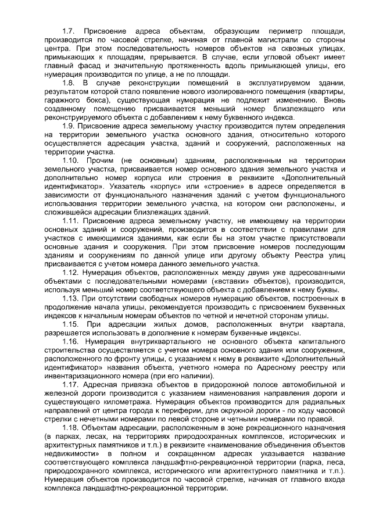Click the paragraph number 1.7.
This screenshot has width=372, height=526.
(x=69, y=30)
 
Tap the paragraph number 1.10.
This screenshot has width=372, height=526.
(x=71, y=160)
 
